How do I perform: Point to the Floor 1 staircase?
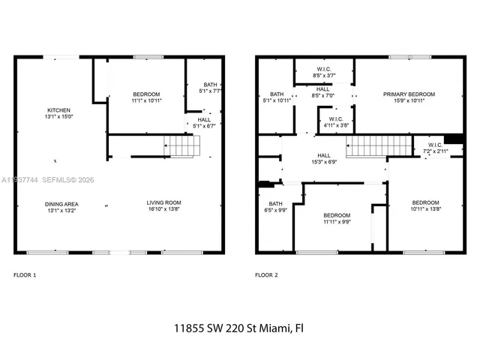click(182, 145)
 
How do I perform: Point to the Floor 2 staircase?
click(379, 145)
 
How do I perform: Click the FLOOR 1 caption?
click(25, 275)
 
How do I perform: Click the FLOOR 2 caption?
click(266, 275)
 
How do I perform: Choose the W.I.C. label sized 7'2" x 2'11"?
click(436, 148)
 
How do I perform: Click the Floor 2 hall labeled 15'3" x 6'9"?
click(345, 159)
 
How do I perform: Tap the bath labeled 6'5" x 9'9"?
click(275, 207)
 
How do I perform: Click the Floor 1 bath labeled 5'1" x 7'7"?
click(209, 88)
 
